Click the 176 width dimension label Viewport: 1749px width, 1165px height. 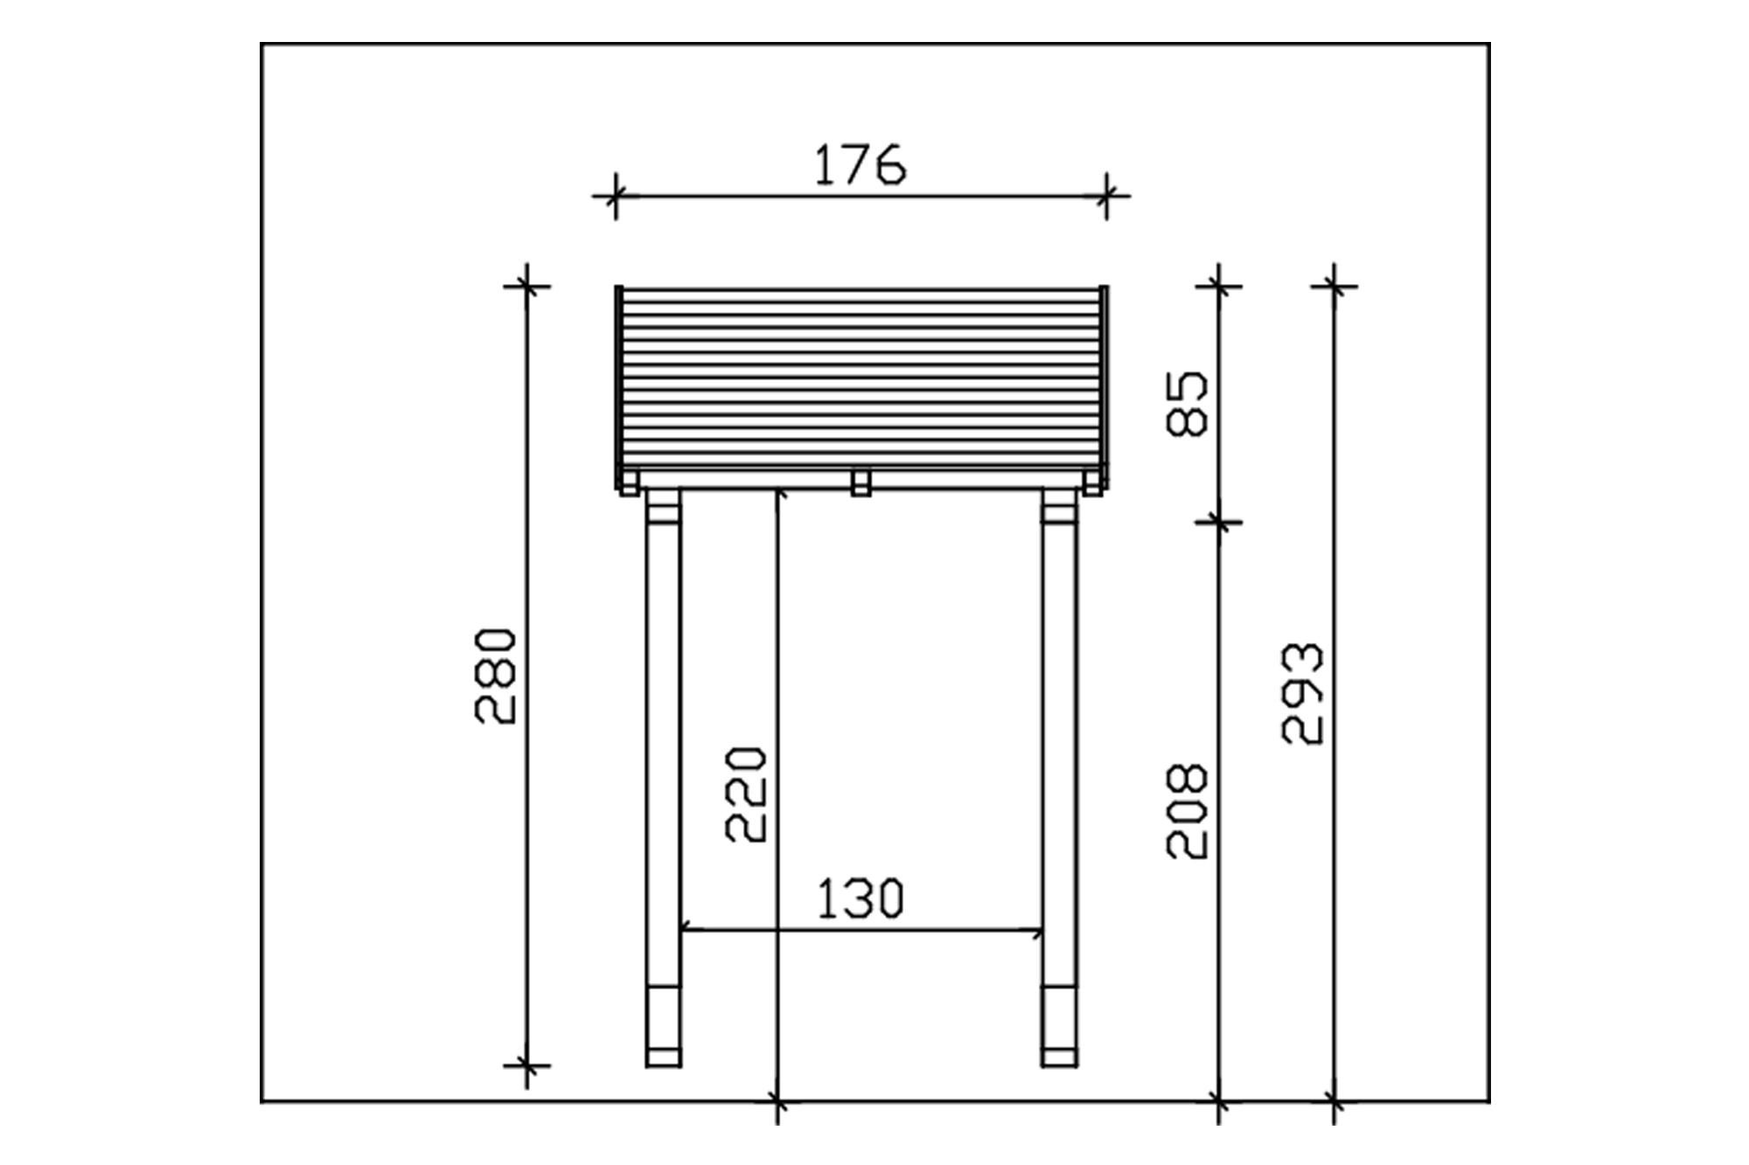click(861, 166)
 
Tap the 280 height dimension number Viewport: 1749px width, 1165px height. click(496, 676)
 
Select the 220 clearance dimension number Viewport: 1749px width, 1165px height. click(746, 794)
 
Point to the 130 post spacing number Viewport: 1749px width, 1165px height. click(860, 899)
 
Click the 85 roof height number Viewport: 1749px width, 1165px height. click(1187, 404)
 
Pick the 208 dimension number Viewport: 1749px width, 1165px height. click(1187, 811)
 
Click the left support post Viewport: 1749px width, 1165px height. click(663, 778)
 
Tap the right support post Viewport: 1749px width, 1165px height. click(1060, 778)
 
